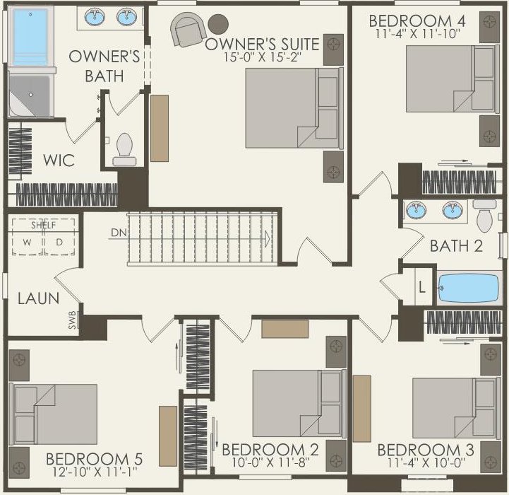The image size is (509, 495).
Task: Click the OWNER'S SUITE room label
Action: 263,44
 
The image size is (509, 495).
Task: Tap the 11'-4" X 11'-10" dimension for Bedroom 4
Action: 418,34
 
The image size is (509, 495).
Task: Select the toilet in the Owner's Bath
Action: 124,150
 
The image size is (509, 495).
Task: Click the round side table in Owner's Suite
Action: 218,24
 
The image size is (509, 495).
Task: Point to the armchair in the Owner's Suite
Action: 188,29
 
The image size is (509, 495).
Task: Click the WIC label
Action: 59,161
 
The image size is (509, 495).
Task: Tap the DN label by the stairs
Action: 119,233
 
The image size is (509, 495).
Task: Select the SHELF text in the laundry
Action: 44,225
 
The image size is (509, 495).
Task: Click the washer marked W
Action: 28,243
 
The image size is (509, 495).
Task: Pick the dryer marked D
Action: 59,243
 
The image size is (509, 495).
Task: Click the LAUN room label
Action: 38,298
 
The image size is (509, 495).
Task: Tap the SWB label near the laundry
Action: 73,320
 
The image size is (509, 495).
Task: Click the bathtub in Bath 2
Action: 469,289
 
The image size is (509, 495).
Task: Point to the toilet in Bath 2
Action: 485,215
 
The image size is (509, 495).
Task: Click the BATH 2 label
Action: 456,246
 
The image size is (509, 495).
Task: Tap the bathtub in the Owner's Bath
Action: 30,37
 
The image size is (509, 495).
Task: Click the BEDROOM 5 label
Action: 94,459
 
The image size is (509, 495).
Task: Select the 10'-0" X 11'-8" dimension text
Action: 270,462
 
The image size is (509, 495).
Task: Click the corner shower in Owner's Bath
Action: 30,95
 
